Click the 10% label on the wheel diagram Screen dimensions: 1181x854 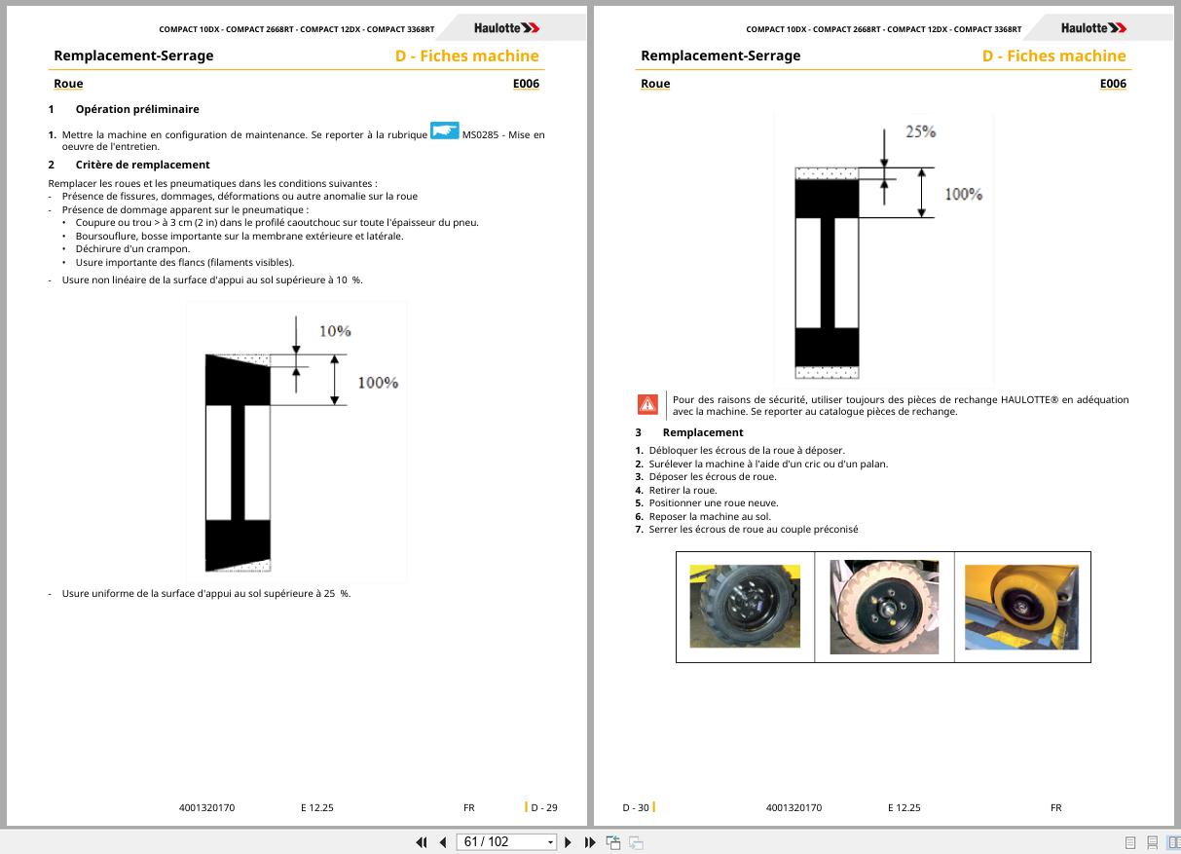click(335, 331)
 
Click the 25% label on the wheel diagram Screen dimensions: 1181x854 click(920, 131)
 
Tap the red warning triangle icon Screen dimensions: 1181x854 click(647, 404)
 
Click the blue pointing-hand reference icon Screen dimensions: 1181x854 click(444, 130)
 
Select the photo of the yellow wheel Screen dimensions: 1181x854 click(1021, 608)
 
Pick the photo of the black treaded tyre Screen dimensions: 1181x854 click(745, 607)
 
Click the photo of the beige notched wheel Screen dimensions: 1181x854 click(884, 607)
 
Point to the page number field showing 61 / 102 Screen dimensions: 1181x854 click(505, 842)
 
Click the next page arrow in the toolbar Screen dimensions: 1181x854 click(568, 842)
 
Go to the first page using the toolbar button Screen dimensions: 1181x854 click(422, 842)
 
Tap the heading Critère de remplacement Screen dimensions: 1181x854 click(142, 165)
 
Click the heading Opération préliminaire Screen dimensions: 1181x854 click(137, 109)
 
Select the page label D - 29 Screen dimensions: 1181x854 click(543, 807)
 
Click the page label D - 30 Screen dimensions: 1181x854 click(636, 807)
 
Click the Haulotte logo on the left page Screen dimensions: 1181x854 click(506, 28)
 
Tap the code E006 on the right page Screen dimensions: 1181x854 click(1113, 84)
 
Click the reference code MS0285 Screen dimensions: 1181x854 click(480, 135)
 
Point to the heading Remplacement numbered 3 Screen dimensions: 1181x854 click(703, 432)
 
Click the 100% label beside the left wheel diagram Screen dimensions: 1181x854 click(378, 383)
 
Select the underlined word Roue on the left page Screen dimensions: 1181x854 click(68, 84)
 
